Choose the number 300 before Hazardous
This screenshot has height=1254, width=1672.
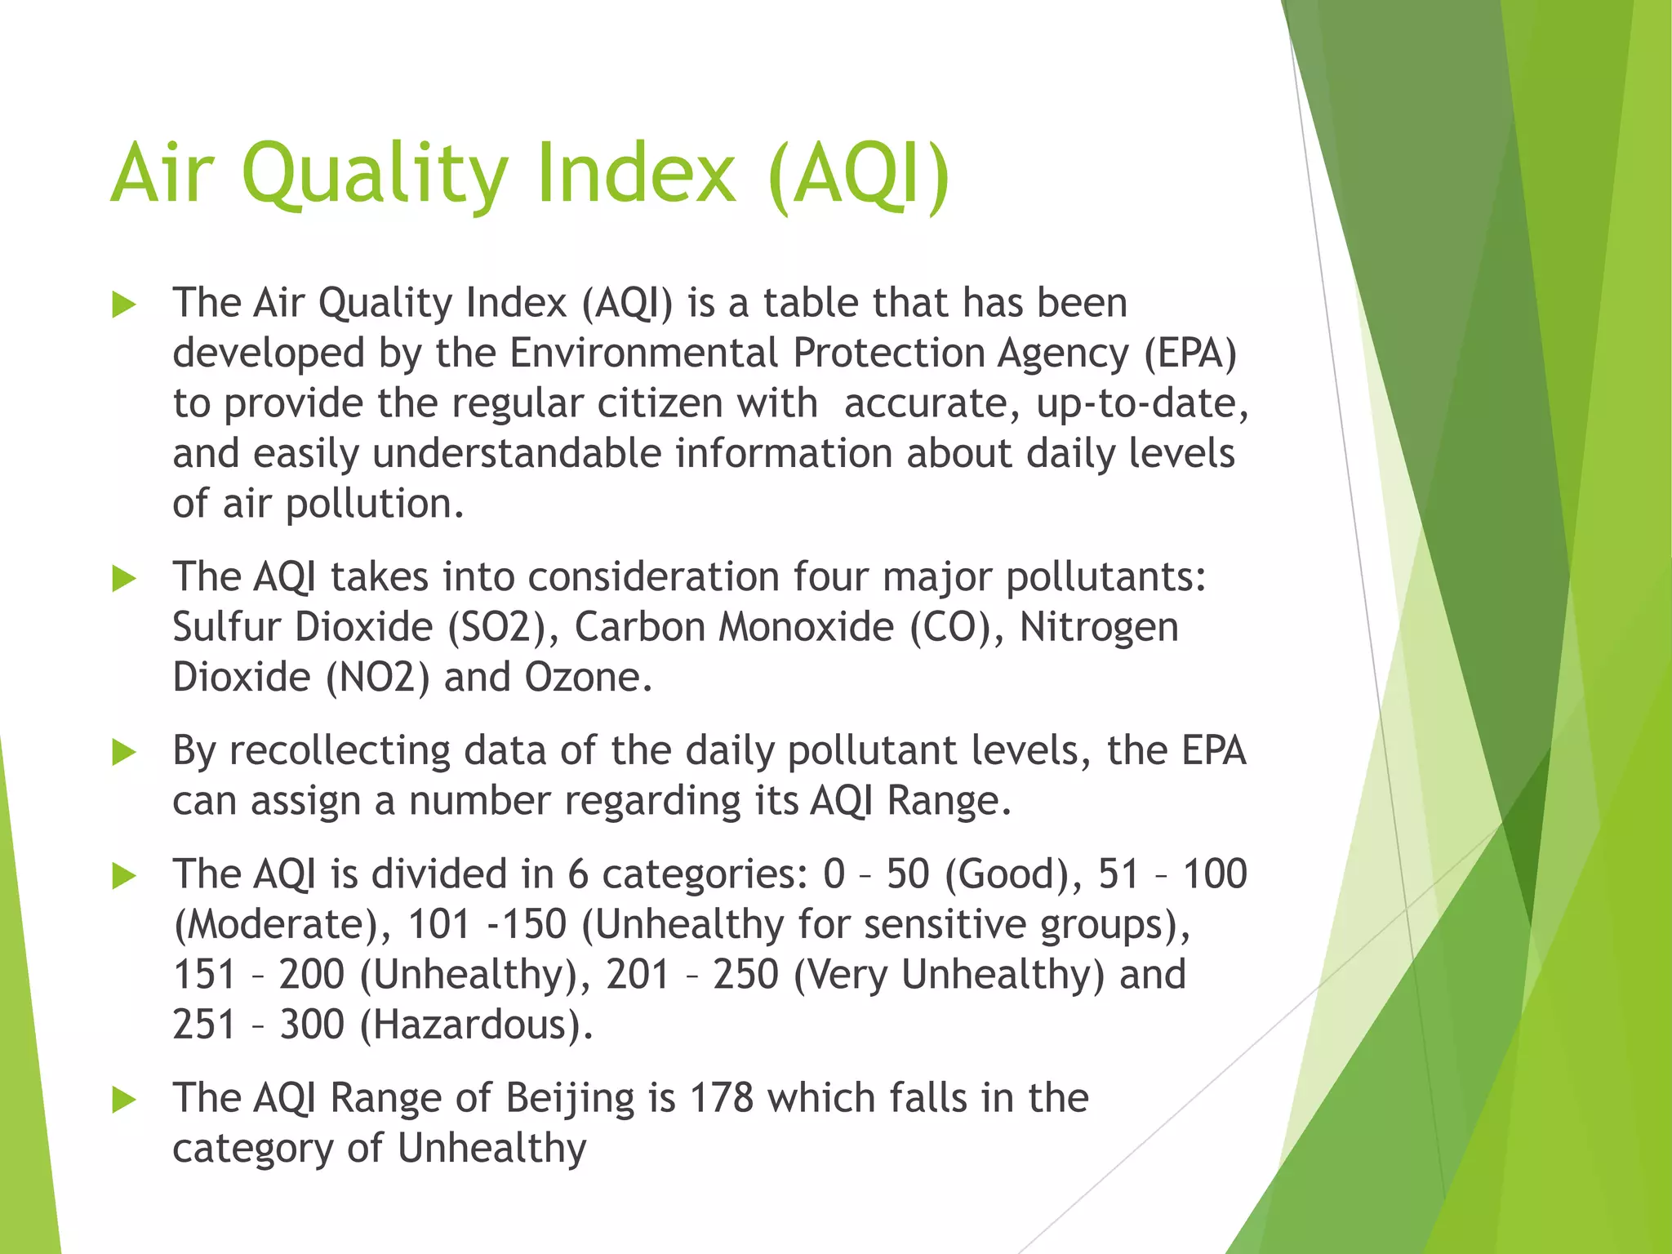pyautogui.click(x=312, y=1025)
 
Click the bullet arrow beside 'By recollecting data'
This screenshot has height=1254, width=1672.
pyautogui.click(x=124, y=753)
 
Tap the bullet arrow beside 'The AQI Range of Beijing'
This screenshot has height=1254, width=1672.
pyautogui.click(x=124, y=1100)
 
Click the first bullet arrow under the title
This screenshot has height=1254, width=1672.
pyautogui.click(x=124, y=305)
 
